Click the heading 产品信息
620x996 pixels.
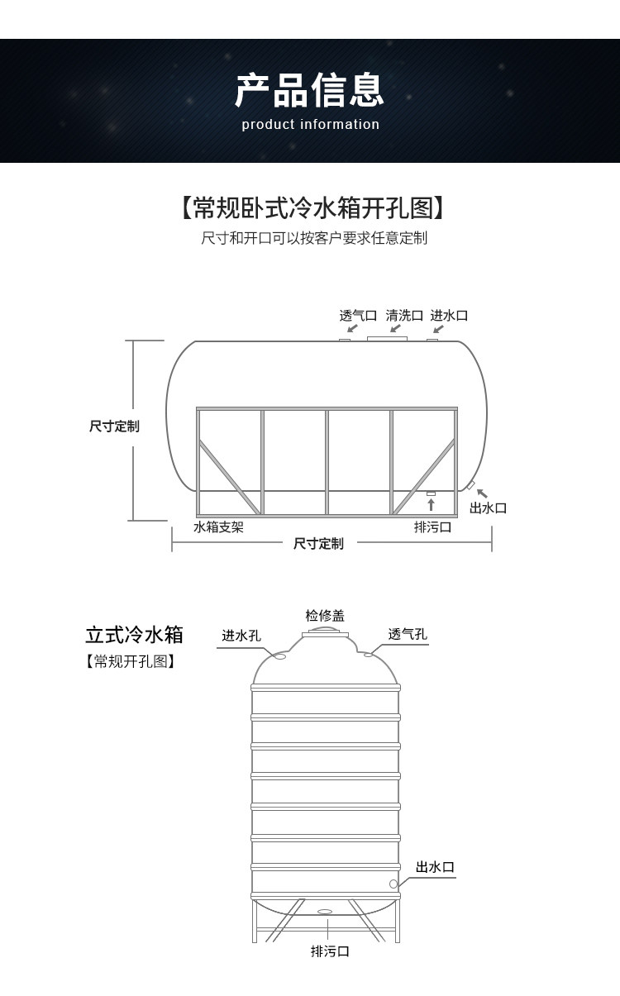310,91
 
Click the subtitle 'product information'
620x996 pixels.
310,125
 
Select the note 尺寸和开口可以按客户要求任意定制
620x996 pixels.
314,238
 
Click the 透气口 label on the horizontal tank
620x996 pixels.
358,315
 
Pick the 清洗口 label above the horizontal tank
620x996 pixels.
404,315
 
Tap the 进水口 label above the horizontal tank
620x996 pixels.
449,315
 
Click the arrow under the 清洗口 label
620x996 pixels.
395,329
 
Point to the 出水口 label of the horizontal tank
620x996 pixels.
488,508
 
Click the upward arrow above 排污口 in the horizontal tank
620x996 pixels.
431,504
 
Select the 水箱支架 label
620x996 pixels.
218,527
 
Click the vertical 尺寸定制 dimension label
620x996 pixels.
114,427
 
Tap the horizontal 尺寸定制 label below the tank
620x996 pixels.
318,543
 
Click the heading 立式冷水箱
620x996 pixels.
134,635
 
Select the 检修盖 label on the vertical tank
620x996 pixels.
325,616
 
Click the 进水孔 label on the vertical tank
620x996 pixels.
241,636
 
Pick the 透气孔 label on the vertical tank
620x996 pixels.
408,634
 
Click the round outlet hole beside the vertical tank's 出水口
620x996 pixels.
393,884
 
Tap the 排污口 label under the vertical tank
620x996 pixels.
330,951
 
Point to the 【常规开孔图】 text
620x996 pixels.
131,661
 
